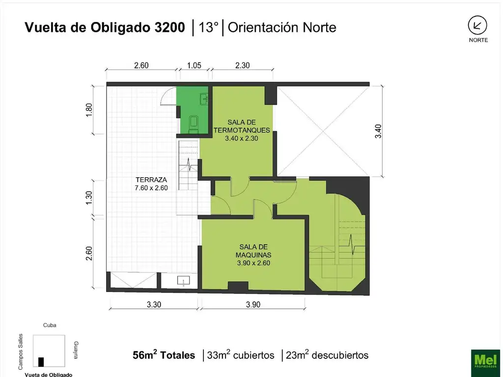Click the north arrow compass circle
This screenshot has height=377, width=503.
pos(478,25)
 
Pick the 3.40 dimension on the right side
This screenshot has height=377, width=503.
pos(378,131)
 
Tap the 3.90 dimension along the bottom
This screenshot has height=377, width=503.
pos(253,304)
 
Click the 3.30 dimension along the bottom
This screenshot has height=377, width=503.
pos(154,304)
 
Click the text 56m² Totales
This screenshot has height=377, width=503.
pos(164,355)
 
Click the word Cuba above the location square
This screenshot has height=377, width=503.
pos(50,325)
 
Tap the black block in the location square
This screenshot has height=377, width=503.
pos(41,361)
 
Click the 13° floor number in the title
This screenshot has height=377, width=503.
pos(208,27)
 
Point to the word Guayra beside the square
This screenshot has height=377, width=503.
pos(75,350)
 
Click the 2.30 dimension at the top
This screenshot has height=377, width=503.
pos(243,65)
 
